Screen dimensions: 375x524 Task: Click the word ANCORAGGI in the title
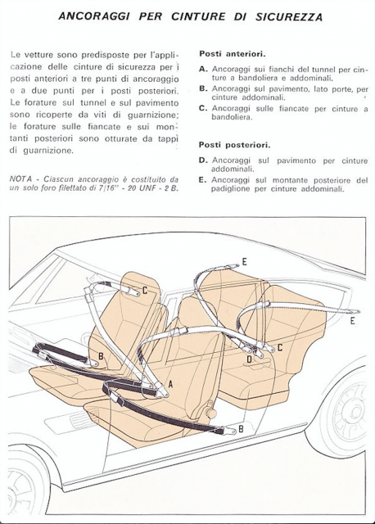94,16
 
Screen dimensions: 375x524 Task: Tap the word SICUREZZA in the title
289,16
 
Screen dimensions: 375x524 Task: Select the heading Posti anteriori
233,54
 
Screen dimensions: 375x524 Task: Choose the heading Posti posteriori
235,145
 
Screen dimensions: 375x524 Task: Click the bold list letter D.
203,160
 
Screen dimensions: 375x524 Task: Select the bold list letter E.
202,180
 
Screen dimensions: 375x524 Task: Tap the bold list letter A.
203,70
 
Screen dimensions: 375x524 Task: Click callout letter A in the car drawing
170,384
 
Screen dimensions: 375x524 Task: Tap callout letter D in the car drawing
249,359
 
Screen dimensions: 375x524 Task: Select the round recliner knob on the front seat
210,413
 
